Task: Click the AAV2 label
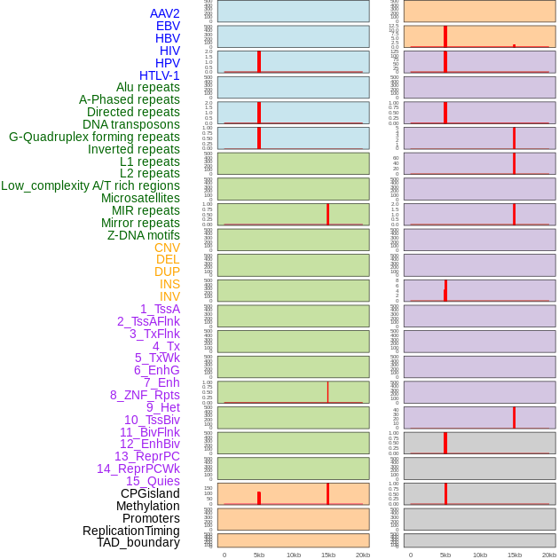point(164,13)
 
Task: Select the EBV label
point(168,26)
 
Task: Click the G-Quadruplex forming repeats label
point(94,137)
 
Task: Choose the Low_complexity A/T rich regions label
point(90,185)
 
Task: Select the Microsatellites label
point(140,198)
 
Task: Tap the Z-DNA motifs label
point(143,235)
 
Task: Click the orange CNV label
point(167,248)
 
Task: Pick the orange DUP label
point(167,272)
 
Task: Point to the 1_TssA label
point(160,309)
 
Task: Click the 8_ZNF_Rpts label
point(145,395)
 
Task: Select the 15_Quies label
point(153,481)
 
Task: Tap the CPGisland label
point(150,493)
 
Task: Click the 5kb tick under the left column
point(259,555)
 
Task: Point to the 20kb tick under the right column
point(549,555)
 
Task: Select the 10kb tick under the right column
point(479,555)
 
